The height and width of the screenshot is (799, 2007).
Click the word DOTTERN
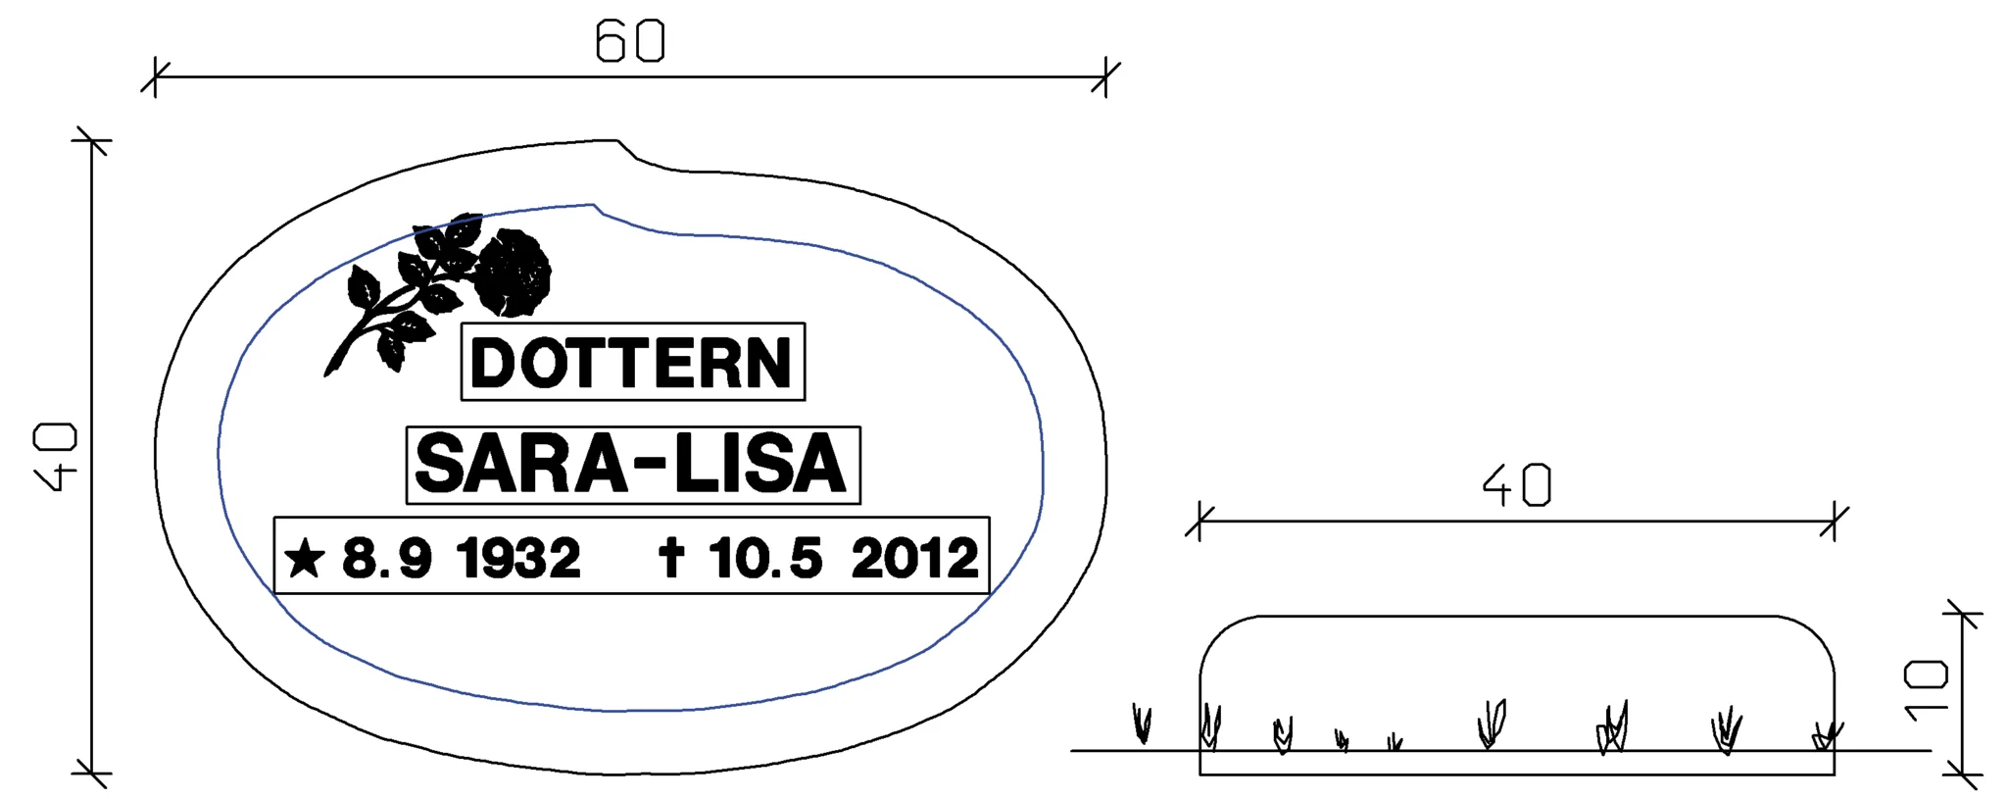pyautogui.click(x=631, y=363)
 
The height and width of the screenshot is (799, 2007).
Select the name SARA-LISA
pyautogui.click(x=631, y=464)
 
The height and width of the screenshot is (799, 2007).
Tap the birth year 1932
pyautogui.click(x=518, y=559)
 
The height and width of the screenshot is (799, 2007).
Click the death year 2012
pyautogui.click(x=914, y=559)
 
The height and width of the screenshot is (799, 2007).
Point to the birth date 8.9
pyautogui.click(x=386, y=559)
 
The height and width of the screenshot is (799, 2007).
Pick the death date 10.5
pyautogui.click(x=765, y=559)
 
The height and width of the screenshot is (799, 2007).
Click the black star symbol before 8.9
pyautogui.click(x=304, y=558)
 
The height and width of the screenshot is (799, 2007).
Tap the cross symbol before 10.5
pyautogui.click(x=670, y=557)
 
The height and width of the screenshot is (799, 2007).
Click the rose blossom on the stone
pyautogui.click(x=512, y=273)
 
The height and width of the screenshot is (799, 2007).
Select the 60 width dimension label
pyautogui.click(x=630, y=42)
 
